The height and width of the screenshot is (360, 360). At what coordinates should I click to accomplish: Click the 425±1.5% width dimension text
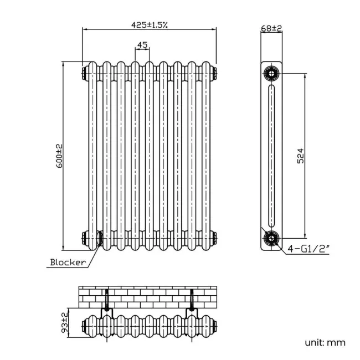[x=150, y=24]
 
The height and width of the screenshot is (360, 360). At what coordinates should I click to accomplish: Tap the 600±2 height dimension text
[x=59, y=156]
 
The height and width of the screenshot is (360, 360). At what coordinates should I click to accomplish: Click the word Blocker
[x=68, y=262]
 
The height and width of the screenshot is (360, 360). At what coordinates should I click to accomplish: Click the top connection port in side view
[x=271, y=73]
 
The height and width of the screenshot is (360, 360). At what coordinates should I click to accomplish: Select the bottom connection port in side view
[x=271, y=238]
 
